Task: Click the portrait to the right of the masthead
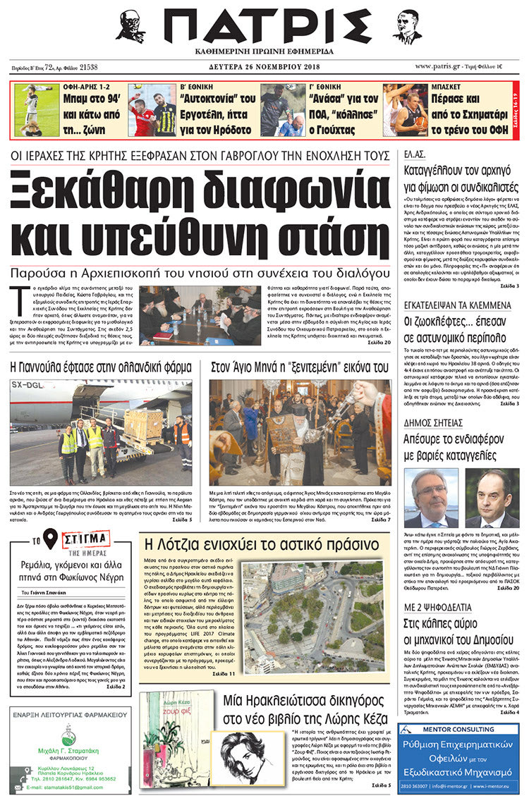(x=407, y=27)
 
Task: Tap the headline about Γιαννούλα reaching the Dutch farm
(x=101, y=367)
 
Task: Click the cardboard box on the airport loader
(x=145, y=423)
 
